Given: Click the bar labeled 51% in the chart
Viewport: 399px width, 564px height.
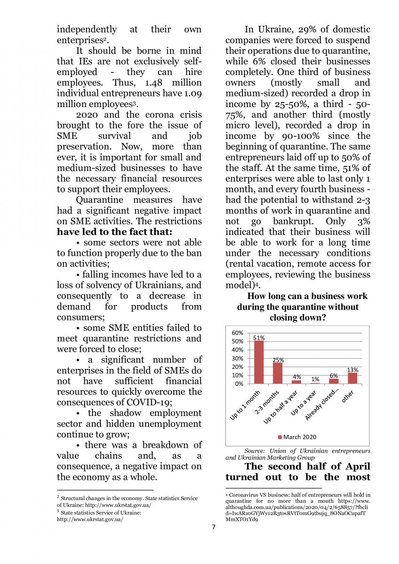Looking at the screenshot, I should click(259, 362).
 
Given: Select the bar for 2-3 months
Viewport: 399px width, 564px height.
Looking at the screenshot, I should click(278, 373).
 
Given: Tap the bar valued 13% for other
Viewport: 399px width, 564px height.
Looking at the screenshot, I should click(352, 378).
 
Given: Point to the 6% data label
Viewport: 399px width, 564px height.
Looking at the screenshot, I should click(334, 376).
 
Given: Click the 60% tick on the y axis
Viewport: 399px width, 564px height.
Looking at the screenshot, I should click(238, 333).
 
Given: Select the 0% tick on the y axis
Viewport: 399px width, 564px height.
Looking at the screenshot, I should click(239, 384).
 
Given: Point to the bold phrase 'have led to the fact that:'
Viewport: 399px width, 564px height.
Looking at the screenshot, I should click(115, 232).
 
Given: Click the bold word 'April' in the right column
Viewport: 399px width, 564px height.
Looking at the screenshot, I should click(355, 466).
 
